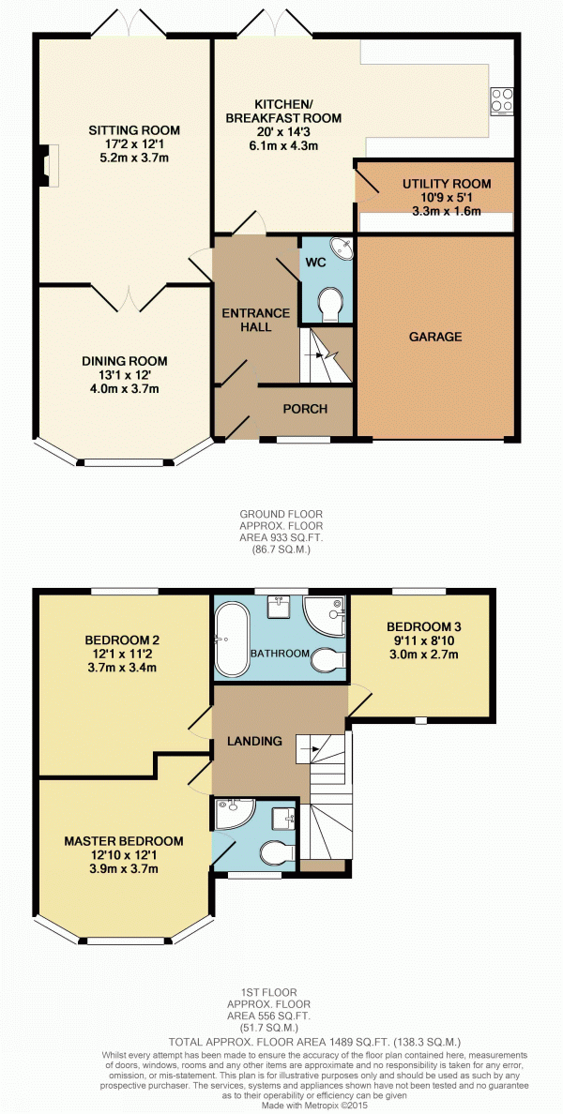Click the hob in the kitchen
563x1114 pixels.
501,100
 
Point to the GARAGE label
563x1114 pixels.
435,337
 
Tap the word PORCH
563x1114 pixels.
305,409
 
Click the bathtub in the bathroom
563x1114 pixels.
233,640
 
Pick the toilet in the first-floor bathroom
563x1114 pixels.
329,658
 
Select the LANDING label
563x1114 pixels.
254,741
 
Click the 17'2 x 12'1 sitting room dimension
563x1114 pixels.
134,143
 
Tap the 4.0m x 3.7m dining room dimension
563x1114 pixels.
125,388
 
